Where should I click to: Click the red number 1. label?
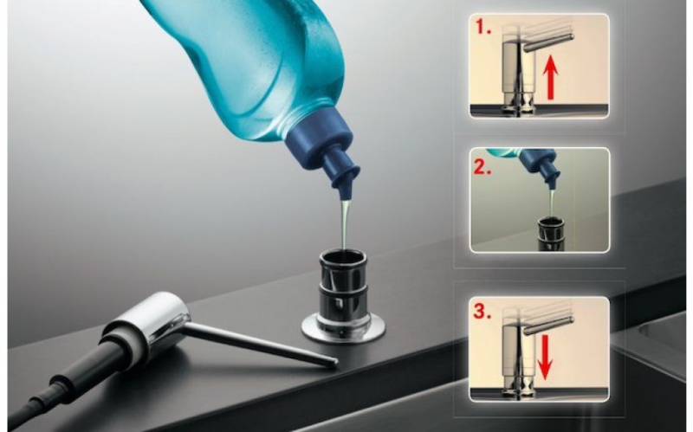483,28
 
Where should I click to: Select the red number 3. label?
483,312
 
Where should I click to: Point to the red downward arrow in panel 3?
545,357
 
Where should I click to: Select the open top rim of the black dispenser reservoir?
343,256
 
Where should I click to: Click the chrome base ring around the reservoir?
343,330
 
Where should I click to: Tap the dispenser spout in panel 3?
548,325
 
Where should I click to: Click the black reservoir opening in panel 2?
551,221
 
